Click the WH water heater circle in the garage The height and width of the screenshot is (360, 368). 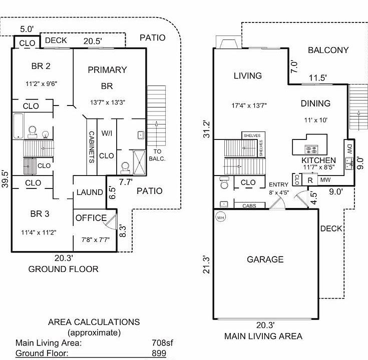220,217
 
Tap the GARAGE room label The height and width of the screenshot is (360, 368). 265,259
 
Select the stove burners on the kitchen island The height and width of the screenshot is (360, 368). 311,149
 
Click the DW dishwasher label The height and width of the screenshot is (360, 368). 349,149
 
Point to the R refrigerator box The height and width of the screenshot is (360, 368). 310,180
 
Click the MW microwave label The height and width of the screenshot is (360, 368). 325,180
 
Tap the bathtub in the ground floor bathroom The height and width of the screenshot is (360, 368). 19,126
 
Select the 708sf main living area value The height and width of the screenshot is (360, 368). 162,342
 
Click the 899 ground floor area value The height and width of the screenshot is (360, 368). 159,353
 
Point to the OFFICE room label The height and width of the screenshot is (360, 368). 91,218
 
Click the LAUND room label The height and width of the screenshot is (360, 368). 90,192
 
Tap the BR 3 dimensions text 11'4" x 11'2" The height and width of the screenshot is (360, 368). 39,232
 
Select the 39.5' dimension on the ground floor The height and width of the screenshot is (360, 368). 5,179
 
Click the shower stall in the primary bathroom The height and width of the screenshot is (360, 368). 139,162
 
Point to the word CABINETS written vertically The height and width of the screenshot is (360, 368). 92,147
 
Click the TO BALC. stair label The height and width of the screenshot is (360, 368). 157,155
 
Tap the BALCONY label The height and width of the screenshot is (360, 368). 328,50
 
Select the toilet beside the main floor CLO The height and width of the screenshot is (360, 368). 224,182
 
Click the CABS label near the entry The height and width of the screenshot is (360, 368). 249,206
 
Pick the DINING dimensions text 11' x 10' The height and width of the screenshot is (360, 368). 315,120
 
